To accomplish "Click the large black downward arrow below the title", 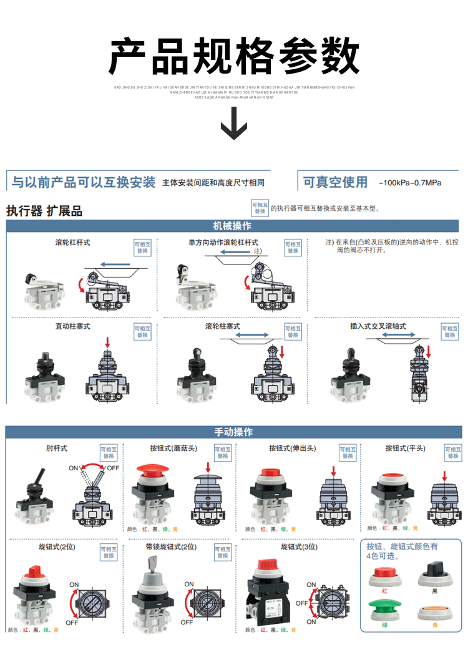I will (x=234, y=124).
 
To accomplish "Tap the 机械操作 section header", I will (x=232, y=226).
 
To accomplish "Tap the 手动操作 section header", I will (x=233, y=432).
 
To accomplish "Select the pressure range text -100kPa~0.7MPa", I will (x=409, y=183).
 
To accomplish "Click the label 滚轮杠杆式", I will (x=73, y=242).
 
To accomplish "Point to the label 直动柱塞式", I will (x=73, y=326).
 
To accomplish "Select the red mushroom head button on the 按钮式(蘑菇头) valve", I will (x=152, y=470).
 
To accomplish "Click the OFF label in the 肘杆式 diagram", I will (x=113, y=468).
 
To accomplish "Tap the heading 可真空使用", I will (x=335, y=182).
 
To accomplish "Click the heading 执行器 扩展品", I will (x=44, y=211).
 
